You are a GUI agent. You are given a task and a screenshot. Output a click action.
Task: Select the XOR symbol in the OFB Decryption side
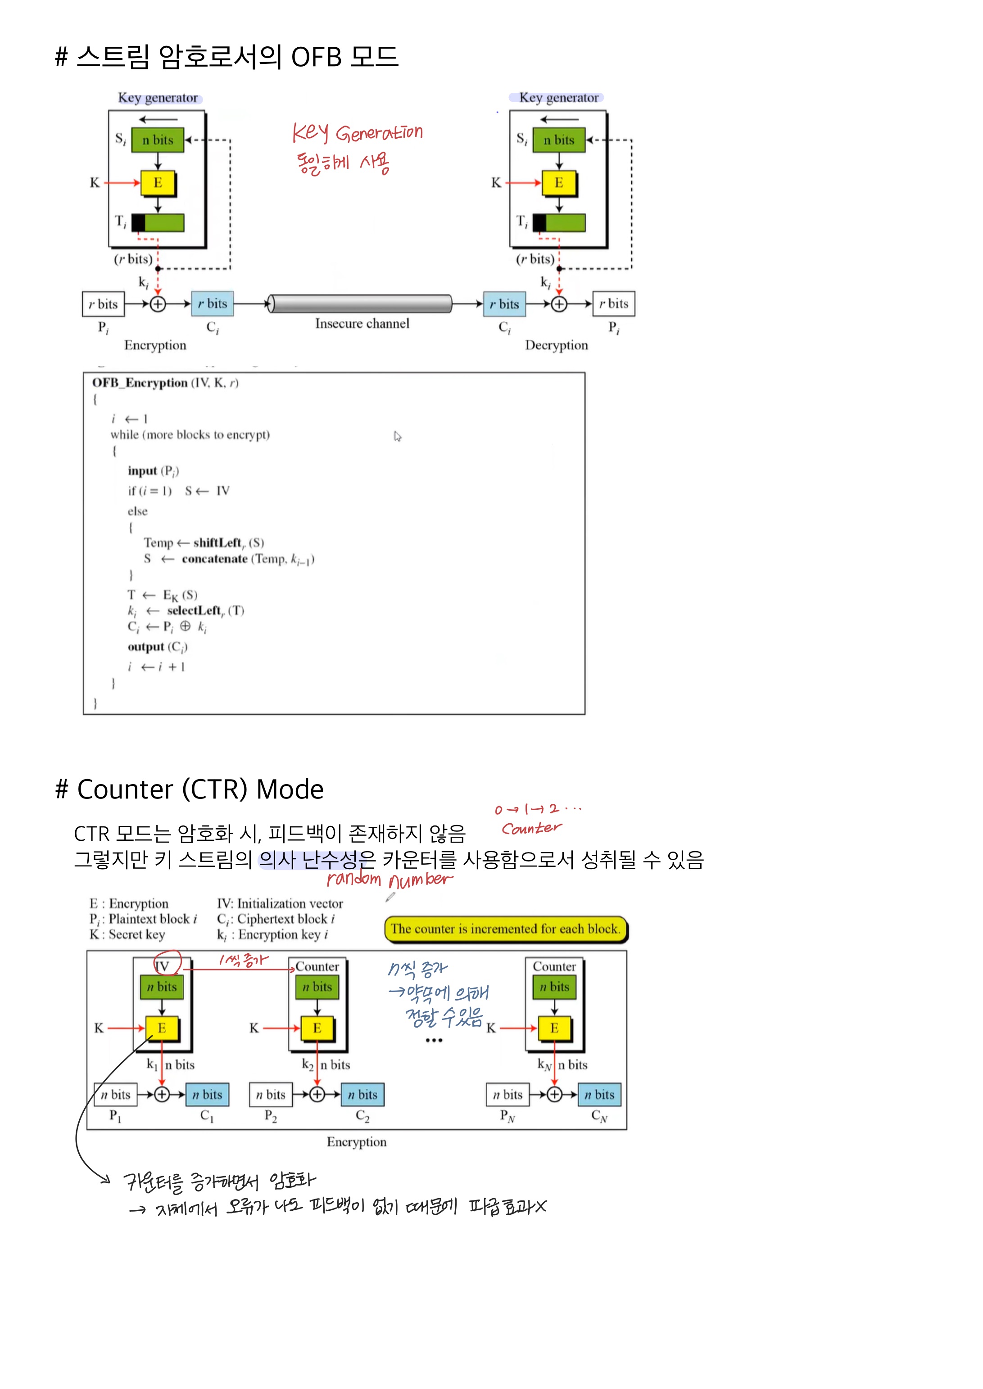click(x=559, y=304)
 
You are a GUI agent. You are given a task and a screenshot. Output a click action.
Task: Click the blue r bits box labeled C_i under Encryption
click(x=213, y=304)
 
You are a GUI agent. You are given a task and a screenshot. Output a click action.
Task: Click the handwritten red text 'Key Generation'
click(x=357, y=132)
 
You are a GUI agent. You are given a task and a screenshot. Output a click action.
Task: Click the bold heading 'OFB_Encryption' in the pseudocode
click(x=140, y=383)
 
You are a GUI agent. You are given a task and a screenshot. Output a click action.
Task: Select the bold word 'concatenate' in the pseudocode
click(x=214, y=559)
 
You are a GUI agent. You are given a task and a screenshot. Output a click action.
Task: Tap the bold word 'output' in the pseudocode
click(x=146, y=647)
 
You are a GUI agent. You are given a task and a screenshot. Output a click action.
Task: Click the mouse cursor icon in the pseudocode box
click(x=397, y=436)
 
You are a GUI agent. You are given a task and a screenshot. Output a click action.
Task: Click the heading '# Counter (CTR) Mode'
click(x=190, y=789)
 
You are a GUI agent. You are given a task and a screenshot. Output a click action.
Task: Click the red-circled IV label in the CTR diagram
click(x=163, y=966)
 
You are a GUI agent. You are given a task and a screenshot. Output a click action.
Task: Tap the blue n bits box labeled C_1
click(x=207, y=1094)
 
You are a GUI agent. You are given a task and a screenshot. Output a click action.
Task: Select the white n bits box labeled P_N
click(x=507, y=1094)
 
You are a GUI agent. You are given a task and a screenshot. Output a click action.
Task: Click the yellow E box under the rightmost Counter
click(x=554, y=1028)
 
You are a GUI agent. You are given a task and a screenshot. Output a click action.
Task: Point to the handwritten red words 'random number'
click(x=389, y=879)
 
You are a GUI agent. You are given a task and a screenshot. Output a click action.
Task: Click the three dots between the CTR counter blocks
click(x=433, y=1041)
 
